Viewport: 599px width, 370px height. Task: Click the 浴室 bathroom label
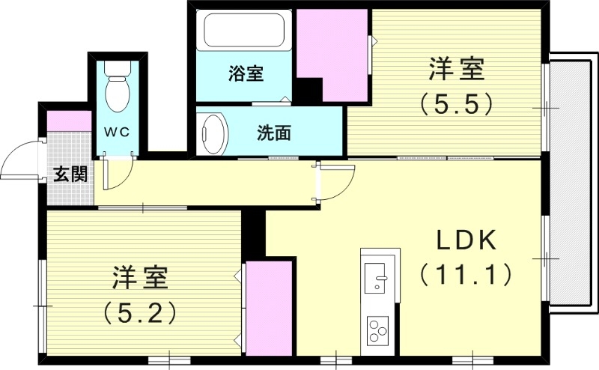click(x=246, y=74)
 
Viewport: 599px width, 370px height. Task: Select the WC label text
click(x=116, y=132)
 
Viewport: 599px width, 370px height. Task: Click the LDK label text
click(x=466, y=241)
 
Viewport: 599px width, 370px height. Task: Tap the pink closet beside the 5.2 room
click(x=269, y=307)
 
